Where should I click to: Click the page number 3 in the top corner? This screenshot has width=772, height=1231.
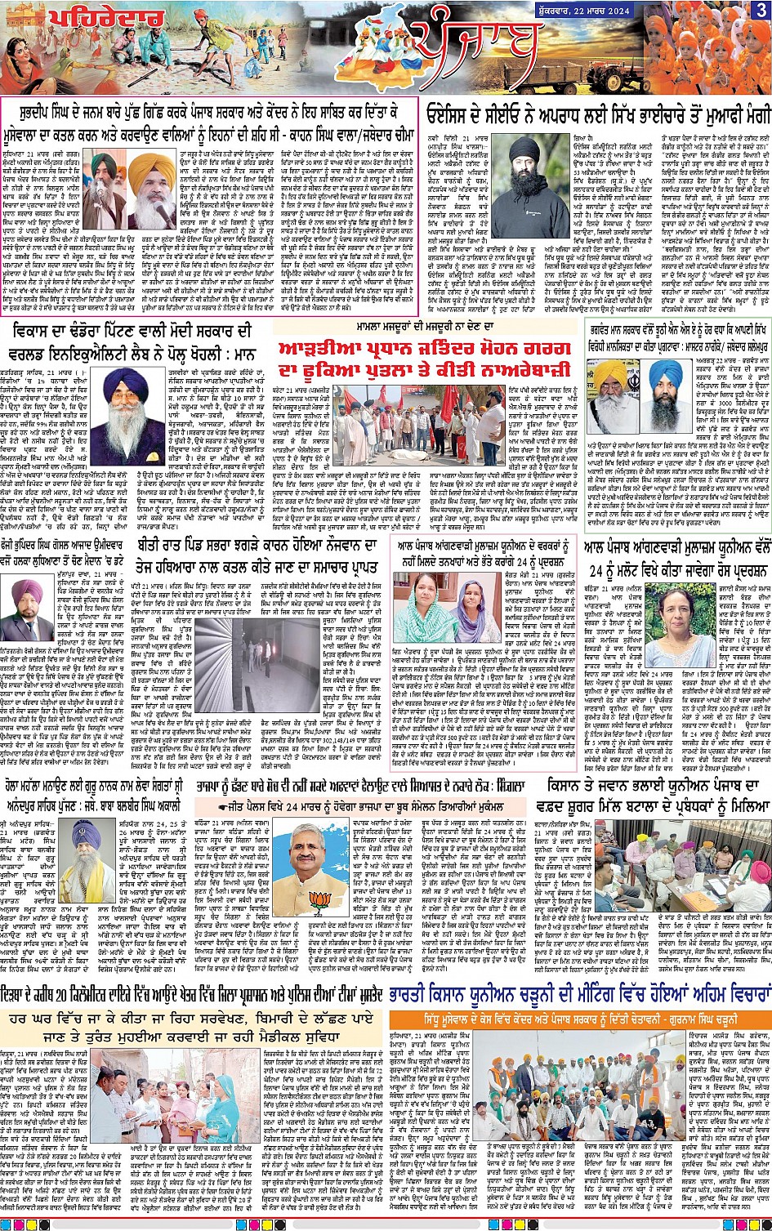760,10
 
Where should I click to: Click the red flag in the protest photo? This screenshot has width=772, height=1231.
450,400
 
